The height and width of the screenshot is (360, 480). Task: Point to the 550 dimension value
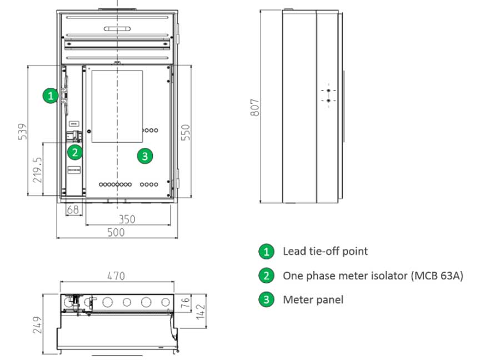tap(186, 132)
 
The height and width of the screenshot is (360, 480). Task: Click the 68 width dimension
tap(73, 210)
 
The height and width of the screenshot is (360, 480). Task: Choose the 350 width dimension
tap(127, 219)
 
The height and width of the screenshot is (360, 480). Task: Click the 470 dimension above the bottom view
tap(116, 276)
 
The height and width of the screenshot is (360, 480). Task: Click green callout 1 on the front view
tap(51, 96)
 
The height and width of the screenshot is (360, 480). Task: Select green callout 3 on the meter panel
tap(144, 156)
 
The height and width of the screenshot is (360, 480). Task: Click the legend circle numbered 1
tap(267, 251)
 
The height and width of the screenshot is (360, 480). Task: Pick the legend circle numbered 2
tap(267, 275)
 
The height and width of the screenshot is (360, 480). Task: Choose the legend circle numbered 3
tap(267, 299)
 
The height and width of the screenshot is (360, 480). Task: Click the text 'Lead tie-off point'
tap(325, 251)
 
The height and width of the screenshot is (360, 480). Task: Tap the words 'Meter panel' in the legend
tap(313, 299)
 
